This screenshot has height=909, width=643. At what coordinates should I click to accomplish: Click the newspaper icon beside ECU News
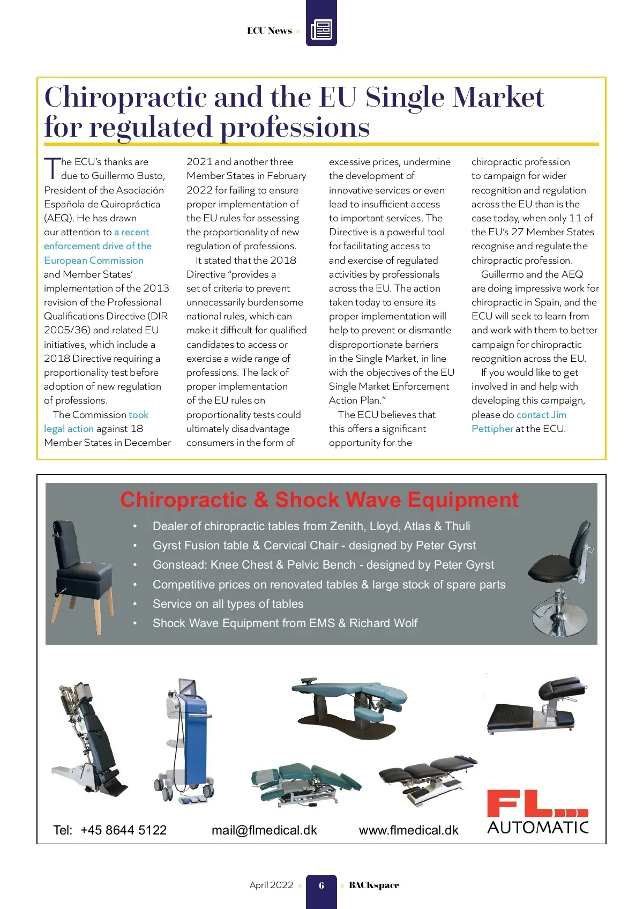pyautogui.click(x=322, y=29)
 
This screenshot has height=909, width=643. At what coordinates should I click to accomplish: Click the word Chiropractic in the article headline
pyautogui.click(x=125, y=98)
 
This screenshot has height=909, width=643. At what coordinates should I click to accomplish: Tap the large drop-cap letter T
pyautogui.click(x=51, y=168)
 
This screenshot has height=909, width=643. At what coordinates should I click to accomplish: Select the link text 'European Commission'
pyautogui.click(x=94, y=260)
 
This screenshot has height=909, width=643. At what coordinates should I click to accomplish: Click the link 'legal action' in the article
pyautogui.click(x=69, y=429)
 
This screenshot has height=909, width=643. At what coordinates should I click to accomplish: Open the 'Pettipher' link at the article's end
pyautogui.click(x=492, y=429)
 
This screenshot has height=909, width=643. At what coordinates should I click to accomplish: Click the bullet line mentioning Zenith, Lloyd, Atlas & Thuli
pyautogui.click(x=311, y=526)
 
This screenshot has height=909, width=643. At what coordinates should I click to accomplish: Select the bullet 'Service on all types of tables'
pyautogui.click(x=228, y=604)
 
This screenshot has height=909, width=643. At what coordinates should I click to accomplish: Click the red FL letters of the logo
pyautogui.click(x=522, y=804)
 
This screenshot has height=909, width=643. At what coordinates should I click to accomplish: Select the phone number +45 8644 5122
pyautogui.click(x=123, y=830)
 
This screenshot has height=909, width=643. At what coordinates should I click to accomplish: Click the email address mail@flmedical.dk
pyautogui.click(x=264, y=830)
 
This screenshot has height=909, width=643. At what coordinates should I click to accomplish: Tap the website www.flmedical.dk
pyautogui.click(x=408, y=830)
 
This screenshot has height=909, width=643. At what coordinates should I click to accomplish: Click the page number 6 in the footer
pyautogui.click(x=322, y=885)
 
